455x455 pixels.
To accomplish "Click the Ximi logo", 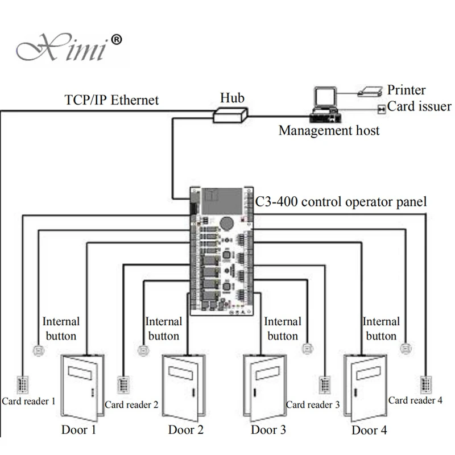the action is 69,47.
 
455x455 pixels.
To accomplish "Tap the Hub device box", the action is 230,115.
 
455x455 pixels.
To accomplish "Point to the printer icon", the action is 370,92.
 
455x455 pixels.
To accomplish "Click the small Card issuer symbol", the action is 382,109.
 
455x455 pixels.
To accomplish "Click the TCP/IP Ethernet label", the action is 111,100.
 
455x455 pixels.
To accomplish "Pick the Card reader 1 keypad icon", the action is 23,384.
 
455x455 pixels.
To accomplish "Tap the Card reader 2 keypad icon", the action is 123,384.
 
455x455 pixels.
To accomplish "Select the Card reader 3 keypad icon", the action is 325,384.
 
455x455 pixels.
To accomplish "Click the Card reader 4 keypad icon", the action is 426,384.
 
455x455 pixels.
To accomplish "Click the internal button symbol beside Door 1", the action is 38,350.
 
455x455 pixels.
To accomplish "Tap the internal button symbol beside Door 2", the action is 143,350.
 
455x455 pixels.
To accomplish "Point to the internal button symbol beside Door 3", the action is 308,348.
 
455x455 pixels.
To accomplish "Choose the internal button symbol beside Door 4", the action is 406,348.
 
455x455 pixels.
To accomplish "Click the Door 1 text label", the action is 78,430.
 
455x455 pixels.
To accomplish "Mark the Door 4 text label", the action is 369,430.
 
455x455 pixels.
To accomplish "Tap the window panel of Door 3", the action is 267,373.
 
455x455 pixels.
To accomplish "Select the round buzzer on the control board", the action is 226,223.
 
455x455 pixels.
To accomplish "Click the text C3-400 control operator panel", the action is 341,202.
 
